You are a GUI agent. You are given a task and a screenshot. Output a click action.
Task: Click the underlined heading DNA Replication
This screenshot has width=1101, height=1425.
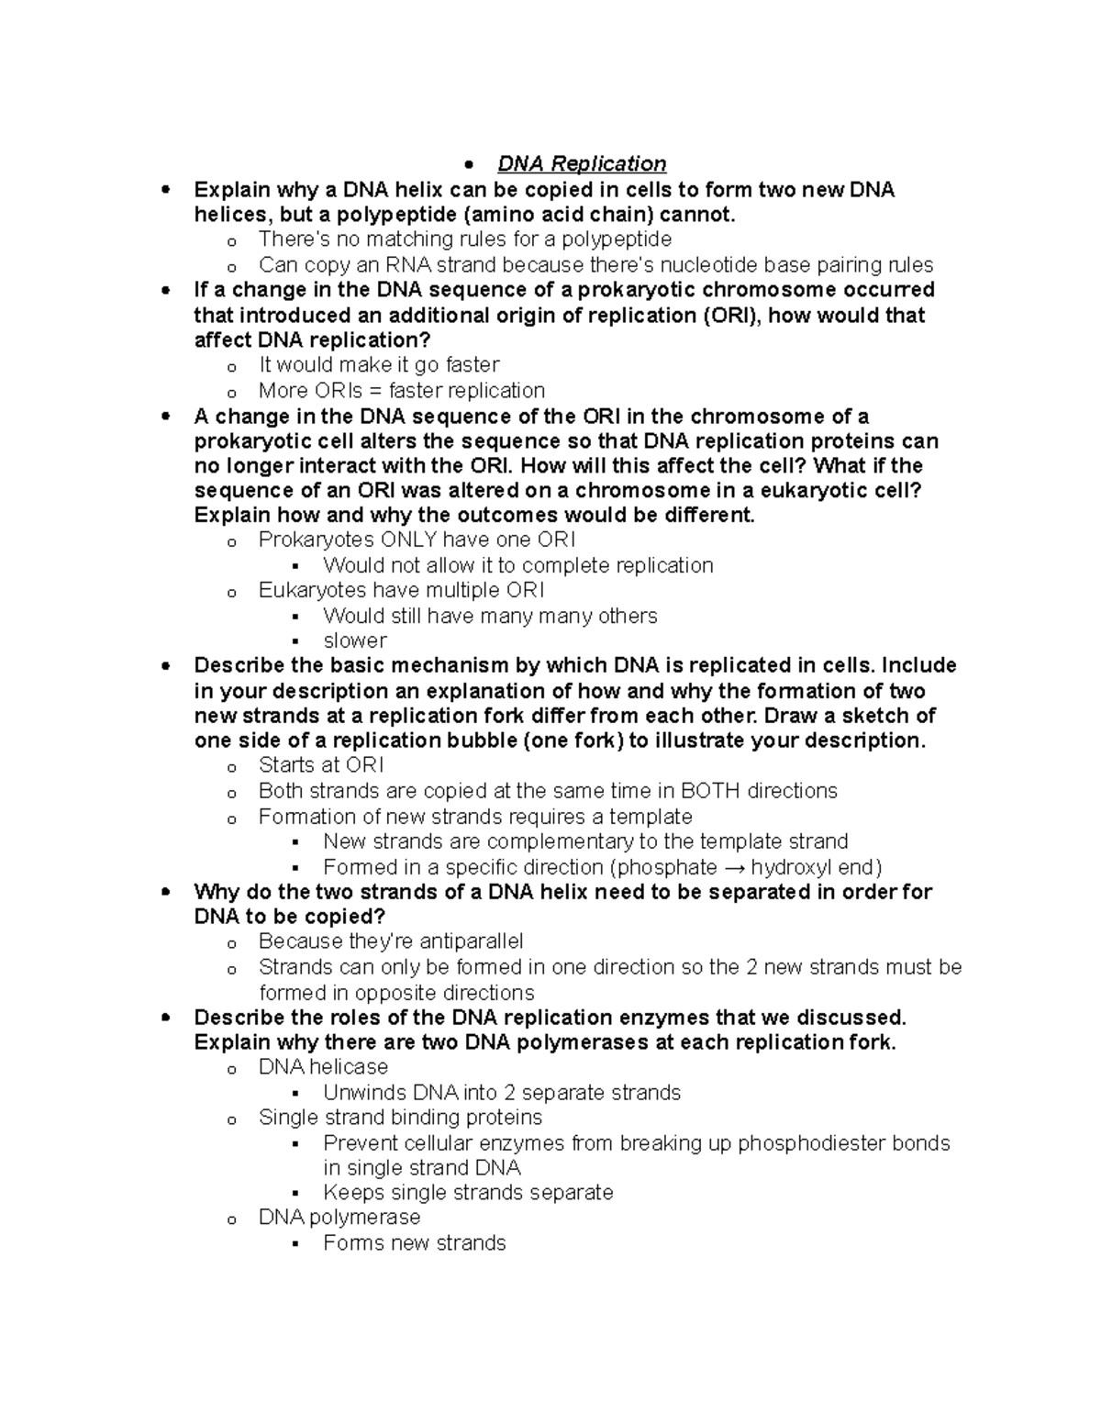[581, 164]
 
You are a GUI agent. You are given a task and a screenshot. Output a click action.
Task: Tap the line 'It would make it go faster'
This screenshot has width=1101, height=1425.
[379, 365]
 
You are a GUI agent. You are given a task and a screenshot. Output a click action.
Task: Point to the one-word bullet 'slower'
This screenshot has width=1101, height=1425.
[355, 640]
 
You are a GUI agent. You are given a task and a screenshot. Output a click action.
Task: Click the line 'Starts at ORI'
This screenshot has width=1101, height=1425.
[321, 765]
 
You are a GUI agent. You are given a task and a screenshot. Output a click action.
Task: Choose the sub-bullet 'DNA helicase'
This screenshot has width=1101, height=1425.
[323, 1067]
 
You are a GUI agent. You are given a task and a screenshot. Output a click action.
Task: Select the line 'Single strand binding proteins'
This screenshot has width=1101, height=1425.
[400, 1118]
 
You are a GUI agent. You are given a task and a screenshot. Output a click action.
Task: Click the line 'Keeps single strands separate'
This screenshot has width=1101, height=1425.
[468, 1193]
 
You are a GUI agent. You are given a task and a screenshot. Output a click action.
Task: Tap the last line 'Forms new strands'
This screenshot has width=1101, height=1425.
[414, 1243]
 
